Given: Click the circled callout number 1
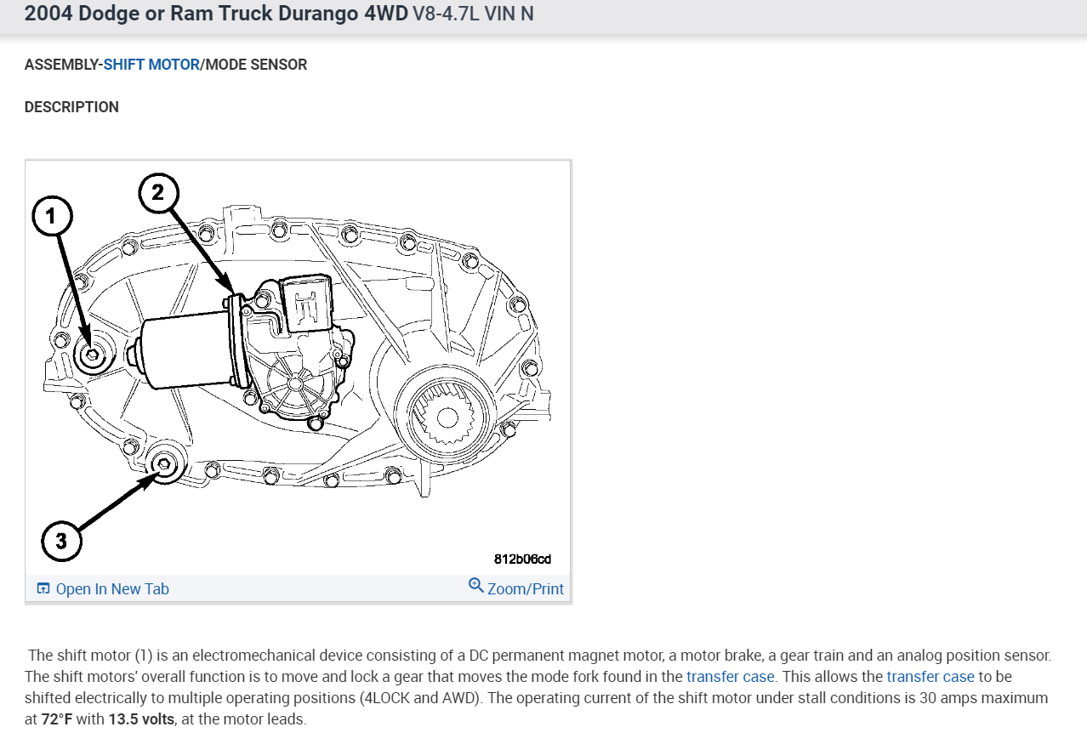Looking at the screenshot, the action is click(52, 217).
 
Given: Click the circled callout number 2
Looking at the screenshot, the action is click(158, 193).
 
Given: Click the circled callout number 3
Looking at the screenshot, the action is click(61, 541).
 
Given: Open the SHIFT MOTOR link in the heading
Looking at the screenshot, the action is click(151, 65).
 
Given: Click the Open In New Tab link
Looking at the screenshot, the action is click(112, 589).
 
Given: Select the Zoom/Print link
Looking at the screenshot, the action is click(525, 589).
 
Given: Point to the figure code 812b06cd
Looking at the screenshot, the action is click(522, 559).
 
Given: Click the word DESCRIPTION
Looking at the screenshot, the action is click(71, 107).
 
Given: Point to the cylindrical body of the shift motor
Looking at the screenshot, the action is click(183, 351).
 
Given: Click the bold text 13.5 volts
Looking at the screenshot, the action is click(141, 719).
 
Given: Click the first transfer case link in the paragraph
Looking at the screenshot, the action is click(730, 677).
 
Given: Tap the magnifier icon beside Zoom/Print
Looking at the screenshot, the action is click(476, 586).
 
